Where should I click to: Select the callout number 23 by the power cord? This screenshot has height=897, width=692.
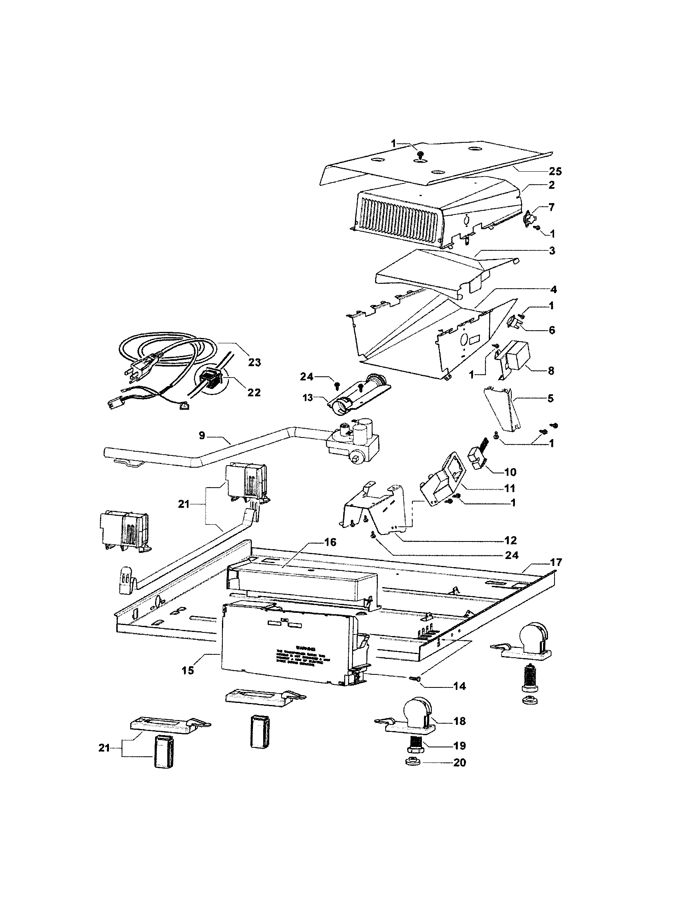tap(255, 362)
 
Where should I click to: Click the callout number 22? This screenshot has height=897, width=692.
tap(254, 392)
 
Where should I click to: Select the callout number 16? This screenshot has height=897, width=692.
tap(330, 543)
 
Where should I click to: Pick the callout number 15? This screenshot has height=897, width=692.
tap(188, 670)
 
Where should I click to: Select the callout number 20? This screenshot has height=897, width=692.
tap(459, 763)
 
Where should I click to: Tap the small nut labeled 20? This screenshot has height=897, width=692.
tap(414, 762)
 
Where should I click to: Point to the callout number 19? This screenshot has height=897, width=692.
tap(459, 745)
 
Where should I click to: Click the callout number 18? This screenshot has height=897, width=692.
tap(459, 721)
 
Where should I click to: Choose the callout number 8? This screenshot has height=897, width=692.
tap(551, 371)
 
